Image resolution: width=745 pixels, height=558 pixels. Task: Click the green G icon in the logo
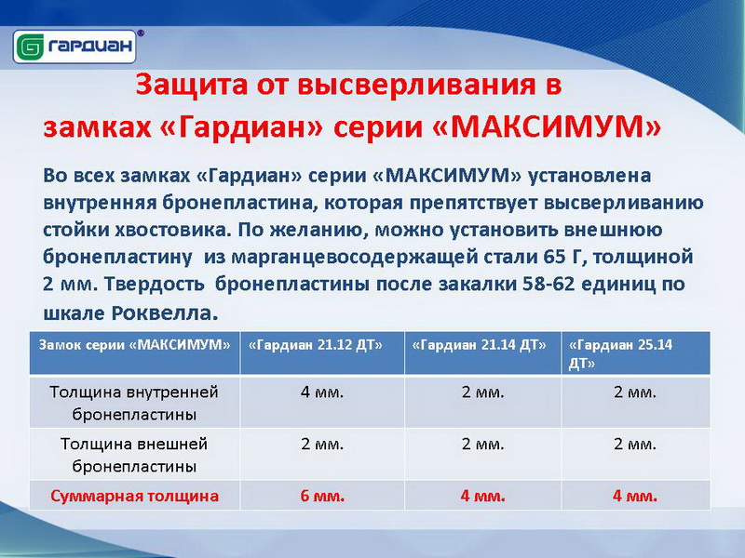[x=30, y=47]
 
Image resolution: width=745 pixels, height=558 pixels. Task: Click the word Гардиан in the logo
[x=89, y=47]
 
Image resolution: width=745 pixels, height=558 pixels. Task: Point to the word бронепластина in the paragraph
[x=238, y=203]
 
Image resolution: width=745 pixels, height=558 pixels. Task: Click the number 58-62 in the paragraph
[x=549, y=284]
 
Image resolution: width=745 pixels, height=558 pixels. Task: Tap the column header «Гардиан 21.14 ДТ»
[x=479, y=345]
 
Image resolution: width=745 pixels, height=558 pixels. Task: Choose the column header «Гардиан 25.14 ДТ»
[x=620, y=354]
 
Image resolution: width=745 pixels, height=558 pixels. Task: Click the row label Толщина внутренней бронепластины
[x=134, y=403]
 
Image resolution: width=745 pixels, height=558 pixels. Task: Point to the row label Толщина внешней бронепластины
[x=134, y=455]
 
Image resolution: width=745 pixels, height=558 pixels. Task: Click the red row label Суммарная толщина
[x=134, y=496]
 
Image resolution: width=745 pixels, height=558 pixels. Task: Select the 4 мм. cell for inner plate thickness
[x=322, y=392]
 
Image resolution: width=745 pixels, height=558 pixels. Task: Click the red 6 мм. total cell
[x=322, y=496]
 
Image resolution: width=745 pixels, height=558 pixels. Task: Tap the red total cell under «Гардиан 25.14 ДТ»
[x=635, y=496]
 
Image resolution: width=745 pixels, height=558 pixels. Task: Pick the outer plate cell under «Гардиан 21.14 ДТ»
[x=482, y=445]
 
